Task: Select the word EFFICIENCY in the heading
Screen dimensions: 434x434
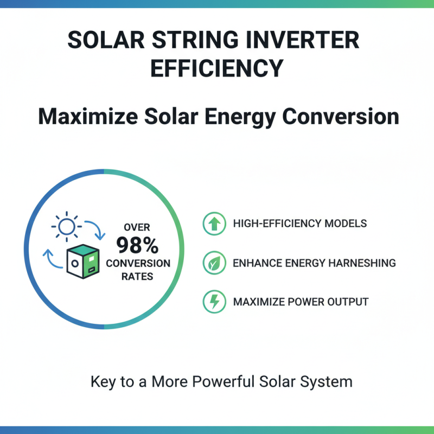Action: click(x=216, y=69)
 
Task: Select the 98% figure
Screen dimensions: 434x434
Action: click(x=137, y=246)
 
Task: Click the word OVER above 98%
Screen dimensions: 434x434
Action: click(x=137, y=227)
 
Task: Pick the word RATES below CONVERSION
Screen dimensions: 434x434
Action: click(x=137, y=276)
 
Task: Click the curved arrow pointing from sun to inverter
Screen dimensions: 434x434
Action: click(x=95, y=230)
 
